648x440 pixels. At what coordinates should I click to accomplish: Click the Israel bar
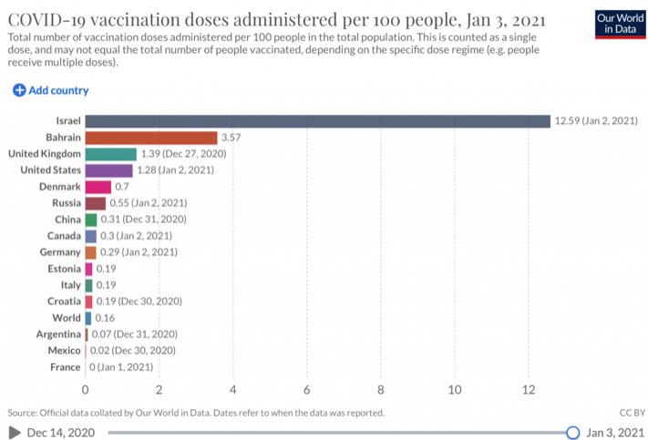(317, 121)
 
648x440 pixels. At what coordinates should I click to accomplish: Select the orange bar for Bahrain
(151, 138)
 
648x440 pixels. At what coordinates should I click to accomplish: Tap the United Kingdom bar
(110, 154)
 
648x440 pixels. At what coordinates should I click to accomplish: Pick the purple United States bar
(108, 170)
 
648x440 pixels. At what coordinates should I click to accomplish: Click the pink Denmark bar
(98, 187)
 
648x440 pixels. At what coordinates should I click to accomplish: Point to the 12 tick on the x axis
(528, 390)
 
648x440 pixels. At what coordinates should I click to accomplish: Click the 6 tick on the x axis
(306, 390)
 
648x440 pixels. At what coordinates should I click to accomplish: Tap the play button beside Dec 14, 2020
(14, 432)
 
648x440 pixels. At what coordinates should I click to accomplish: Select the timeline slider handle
(572, 432)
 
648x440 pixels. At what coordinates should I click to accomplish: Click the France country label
(66, 367)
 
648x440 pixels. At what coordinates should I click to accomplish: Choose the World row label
(67, 318)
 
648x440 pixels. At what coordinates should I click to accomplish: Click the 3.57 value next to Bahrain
(231, 138)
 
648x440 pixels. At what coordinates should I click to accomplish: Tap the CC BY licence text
(631, 413)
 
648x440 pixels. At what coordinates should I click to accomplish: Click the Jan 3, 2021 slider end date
(616, 432)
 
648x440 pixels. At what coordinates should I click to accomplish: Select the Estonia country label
(64, 269)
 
